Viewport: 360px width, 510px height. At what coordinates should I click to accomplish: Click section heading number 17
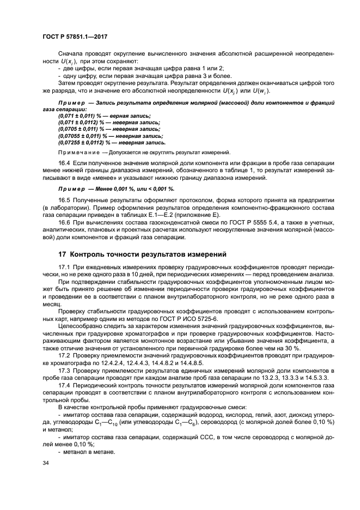click(x=62, y=254)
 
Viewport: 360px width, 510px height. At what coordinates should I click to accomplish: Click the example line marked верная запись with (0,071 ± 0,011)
click(x=101, y=116)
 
